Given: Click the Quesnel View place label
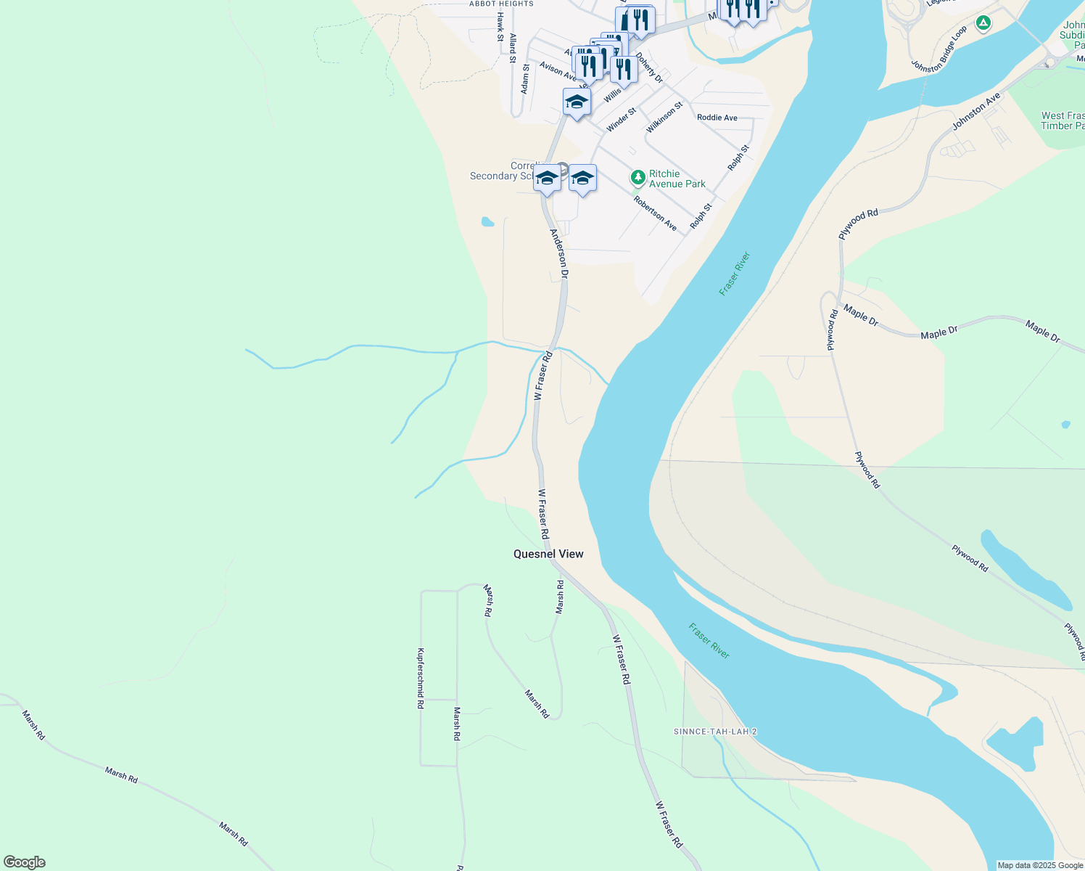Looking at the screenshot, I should click(548, 554).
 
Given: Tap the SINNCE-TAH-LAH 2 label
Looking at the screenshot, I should click(715, 732).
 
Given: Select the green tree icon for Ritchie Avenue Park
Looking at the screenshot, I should click(638, 178).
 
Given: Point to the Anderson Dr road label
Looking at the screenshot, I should click(558, 254).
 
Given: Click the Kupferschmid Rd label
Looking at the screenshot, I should click(421, 678).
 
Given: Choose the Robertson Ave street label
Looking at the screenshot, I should click(655, 213).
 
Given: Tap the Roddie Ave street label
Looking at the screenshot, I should click(717, 118).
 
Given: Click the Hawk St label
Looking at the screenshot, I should click(500, 27).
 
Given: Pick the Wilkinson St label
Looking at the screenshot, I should click(665, 117).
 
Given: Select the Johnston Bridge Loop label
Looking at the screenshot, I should click(940, 49).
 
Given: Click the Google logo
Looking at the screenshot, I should click(24, 862).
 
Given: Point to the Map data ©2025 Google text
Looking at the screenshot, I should click(1040, 865).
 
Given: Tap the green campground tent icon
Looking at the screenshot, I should click(983, 23).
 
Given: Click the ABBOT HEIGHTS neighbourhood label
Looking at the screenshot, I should click(501, 4).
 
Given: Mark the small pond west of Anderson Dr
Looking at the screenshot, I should click(487, 221).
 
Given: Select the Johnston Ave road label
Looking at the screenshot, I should click(976, 111).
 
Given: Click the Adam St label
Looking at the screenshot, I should click(525, 78).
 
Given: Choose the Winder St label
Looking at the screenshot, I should click(621, 120).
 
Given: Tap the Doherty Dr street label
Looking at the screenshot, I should click(649, 66).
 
